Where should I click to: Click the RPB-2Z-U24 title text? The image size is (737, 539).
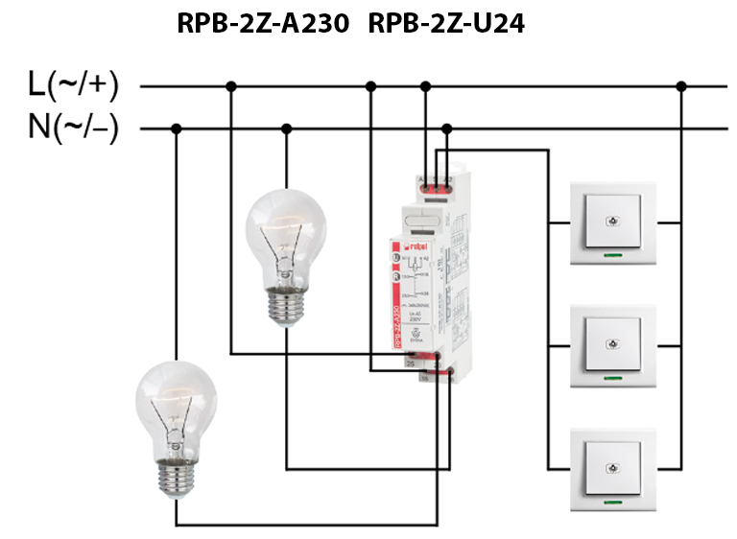coord(446,23)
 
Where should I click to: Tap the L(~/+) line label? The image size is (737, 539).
coord(73,85)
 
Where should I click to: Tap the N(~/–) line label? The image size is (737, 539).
coord(73,128)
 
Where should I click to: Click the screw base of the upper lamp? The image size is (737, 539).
coord(285,306)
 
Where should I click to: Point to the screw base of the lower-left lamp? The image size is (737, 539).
coord(176,476)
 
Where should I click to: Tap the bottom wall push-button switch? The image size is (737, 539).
coord(611,469)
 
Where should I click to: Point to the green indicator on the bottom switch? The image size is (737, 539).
coord(611,501)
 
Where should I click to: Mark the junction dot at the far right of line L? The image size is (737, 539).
coord(681,86)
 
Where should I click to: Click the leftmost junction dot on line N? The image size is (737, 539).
coord(176,129)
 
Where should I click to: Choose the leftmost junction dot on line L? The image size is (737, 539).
coord(230,86)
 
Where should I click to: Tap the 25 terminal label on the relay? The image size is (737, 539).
coord(411,363)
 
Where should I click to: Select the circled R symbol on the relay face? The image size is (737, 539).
coord(393,276)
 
